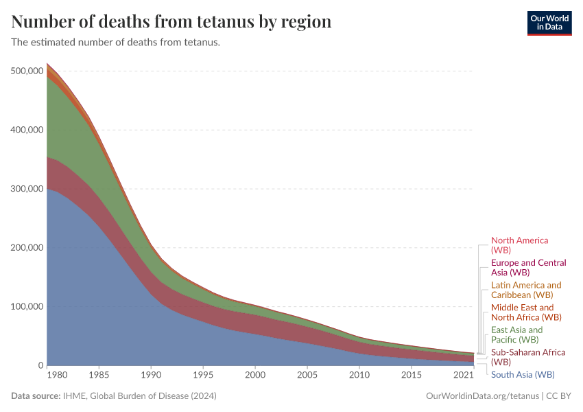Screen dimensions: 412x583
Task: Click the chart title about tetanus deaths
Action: (171, 22)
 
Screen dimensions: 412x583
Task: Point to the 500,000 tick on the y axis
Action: (28, 71)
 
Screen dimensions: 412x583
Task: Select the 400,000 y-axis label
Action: (28, 130)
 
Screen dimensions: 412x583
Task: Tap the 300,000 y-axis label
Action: (28, 189)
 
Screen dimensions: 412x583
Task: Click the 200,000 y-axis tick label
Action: (28, 248)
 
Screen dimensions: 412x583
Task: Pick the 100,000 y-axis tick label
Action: (28, 307)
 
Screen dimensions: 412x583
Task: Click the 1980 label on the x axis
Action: (57, 376)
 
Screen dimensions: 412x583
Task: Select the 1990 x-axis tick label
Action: (151, 376)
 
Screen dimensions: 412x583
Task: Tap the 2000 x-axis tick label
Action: (255, 376)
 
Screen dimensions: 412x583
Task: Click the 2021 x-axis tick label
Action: (464, 376)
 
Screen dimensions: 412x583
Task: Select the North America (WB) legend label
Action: (519, 245)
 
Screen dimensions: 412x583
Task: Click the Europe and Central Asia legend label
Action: (528, 268)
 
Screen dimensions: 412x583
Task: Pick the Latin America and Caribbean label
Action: (526, 290)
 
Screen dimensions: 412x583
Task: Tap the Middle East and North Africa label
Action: (526, 312)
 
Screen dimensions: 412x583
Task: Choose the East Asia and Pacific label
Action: (516, 334)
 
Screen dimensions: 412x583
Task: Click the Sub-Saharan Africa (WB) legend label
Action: (527, 356)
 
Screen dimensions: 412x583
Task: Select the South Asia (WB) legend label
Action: (523, 374)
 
